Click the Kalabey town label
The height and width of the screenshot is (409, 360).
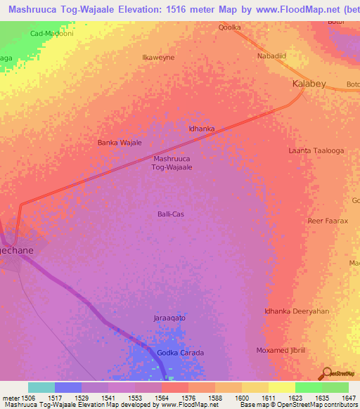309,84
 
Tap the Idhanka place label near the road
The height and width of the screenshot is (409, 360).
202,129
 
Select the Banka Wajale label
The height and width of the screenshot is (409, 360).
120,143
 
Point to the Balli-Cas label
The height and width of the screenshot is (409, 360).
172,214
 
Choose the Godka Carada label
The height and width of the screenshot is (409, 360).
180,353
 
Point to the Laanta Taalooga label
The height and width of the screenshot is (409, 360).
316,150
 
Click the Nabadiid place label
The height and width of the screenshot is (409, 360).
273,56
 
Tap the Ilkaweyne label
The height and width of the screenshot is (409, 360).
158,57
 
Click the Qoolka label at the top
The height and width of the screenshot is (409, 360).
229,27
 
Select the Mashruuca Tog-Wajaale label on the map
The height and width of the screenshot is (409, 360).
172,163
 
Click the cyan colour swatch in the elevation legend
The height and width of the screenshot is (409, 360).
41,387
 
